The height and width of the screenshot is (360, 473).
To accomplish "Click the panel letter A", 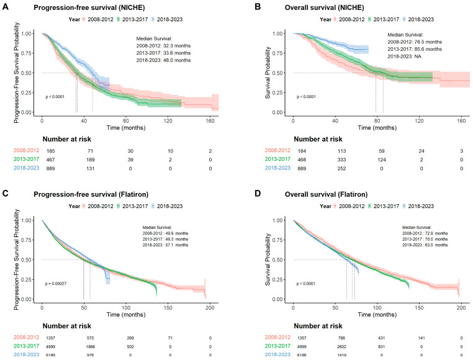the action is coord(5,7).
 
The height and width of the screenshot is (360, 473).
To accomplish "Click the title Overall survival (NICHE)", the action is coord(324,7).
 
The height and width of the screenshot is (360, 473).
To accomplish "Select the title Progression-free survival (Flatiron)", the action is coord(91,194).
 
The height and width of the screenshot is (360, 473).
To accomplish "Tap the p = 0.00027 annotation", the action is coord(56,284).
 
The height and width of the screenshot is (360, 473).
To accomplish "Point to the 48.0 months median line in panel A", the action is coord(92,92).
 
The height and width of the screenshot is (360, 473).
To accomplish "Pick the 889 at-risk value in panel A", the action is coord(50,168).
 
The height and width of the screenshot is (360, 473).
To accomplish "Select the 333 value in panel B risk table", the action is coord(341,160).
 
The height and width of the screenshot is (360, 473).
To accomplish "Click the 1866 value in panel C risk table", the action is coord(90,347).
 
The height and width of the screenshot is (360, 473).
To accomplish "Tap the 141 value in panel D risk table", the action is coord(421,338).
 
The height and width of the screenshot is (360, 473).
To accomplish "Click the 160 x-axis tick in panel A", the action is coord(210,120).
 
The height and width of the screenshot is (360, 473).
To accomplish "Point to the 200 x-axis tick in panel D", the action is coord(461,307).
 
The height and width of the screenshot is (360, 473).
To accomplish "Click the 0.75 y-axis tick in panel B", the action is coord(277,53).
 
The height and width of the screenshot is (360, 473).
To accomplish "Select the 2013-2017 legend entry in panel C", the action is coord(132,206).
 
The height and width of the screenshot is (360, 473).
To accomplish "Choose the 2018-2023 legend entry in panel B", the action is coord(418,19).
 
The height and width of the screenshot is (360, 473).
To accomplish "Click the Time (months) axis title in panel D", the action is coord(377,315).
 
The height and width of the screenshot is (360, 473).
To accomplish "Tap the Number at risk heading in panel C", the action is coord(66,326).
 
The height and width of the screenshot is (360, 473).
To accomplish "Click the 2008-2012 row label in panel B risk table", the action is coord(277,150).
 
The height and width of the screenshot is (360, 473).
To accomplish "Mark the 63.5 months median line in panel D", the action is coord(346,279).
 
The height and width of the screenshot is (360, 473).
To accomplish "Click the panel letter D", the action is coord(258,194).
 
